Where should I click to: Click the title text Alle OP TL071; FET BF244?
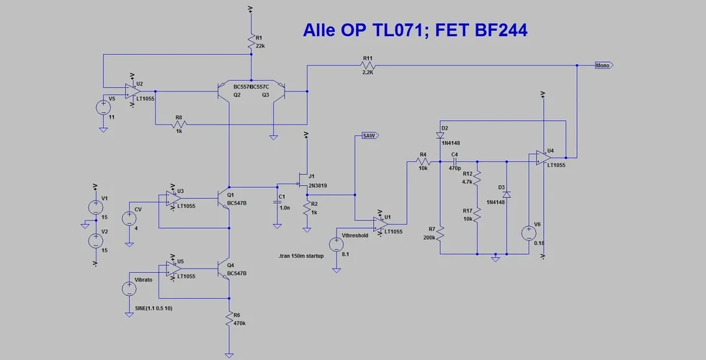tap(415, 30)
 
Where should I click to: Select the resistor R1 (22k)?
tap(251, 42)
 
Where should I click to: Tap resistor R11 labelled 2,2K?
tap(368, 66)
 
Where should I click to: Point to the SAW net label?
tap(368, 135)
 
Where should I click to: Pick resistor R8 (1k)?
tap(179, 124)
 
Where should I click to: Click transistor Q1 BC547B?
tap(223, 195)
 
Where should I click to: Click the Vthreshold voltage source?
tap(335, 246)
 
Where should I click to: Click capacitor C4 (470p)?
tap(455, 162)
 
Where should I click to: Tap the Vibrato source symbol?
tap(129, 289)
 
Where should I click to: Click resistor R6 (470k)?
tap(228, 319)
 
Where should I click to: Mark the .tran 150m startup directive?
tap(301, 256)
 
